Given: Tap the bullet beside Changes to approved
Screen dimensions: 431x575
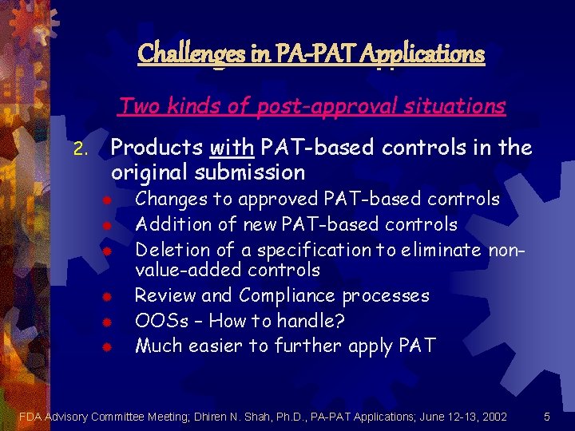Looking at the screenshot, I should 105,200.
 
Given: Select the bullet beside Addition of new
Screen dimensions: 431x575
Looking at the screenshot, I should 105,224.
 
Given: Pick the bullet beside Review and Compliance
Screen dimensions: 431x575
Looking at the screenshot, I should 105,297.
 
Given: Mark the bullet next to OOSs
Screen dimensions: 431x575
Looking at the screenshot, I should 105,322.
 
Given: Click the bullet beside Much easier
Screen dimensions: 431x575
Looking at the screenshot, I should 105,346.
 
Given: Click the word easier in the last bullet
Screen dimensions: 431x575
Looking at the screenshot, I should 217,346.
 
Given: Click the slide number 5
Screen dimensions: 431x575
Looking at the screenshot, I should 546,416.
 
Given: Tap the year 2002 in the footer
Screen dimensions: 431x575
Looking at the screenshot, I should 493,416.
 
